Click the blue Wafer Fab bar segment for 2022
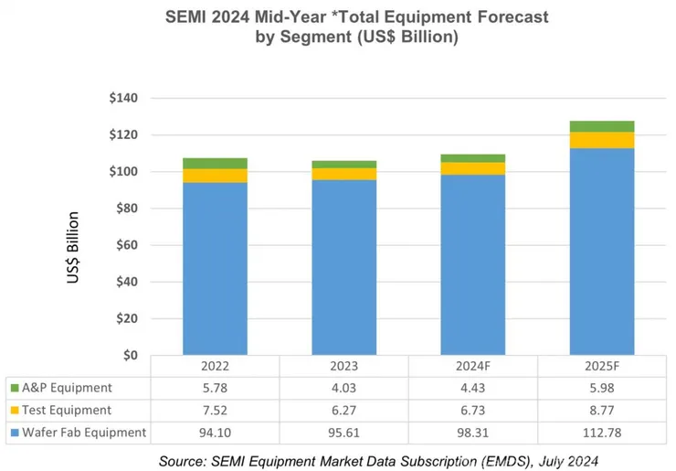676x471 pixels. pos(215,269)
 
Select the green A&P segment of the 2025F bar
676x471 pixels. pos(602,126)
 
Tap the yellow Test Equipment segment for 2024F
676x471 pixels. pos(472,168)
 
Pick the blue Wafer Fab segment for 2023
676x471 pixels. pos(343,267)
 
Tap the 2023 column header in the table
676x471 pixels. pos(343,366)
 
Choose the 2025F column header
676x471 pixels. pos(602,366)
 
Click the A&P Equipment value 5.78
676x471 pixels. pos(215,388)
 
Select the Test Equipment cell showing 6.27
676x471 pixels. pos(343,410)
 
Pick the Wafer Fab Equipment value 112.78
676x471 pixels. pos(602,432)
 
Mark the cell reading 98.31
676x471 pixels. pos(472,432)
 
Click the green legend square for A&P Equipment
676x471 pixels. pos(13,388)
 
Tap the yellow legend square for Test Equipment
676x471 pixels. pos(13,410)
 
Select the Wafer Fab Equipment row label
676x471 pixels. pos(83,432)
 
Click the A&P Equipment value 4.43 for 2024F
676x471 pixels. pos(472,388)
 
